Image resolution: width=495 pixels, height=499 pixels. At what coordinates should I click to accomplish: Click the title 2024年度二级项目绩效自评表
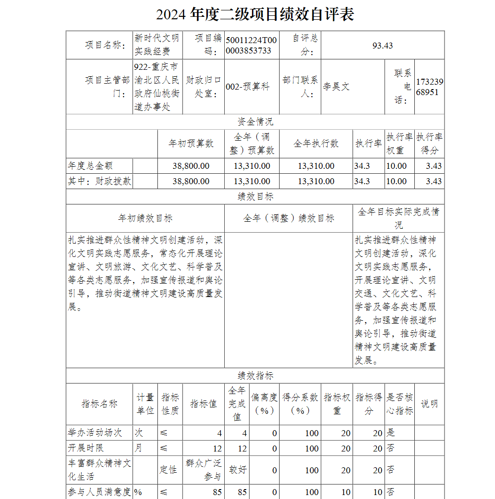[x=255, y=14]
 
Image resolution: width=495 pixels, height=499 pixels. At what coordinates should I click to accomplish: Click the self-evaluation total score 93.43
[x=383, y=46]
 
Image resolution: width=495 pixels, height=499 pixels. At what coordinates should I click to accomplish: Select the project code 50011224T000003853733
[x=251, y=46]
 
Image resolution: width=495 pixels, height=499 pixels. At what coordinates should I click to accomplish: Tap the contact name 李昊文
[x=337, y=87]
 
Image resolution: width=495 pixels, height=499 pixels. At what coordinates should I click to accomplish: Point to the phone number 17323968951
[x=430, y=87]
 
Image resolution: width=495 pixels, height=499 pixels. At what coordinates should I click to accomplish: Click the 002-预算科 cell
[x=248, y=87]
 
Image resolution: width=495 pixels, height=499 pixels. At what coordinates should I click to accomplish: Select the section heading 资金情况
[x=255, y=122]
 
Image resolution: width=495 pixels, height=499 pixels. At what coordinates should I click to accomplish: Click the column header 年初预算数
[x=191, y=144]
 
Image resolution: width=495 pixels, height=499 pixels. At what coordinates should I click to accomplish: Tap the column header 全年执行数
[x=316, y=144]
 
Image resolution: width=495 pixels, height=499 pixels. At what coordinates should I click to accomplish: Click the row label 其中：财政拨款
[x=99, y=181]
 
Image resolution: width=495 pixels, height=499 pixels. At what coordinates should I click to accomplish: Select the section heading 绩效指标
[x=255, y=376]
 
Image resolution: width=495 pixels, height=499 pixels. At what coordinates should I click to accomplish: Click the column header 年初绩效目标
[x=145, y=218]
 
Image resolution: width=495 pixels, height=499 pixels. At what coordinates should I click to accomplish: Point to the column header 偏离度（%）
[x=264, y=403]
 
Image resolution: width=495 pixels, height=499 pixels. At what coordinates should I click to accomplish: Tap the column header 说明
[x=429, y=403]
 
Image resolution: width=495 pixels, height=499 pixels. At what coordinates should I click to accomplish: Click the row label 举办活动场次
[x=95, y=433]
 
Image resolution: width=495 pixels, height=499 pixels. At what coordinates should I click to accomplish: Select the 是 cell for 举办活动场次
[x=391, y=433]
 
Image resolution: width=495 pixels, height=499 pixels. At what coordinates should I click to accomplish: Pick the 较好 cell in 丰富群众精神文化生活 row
[x=237, y=469]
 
